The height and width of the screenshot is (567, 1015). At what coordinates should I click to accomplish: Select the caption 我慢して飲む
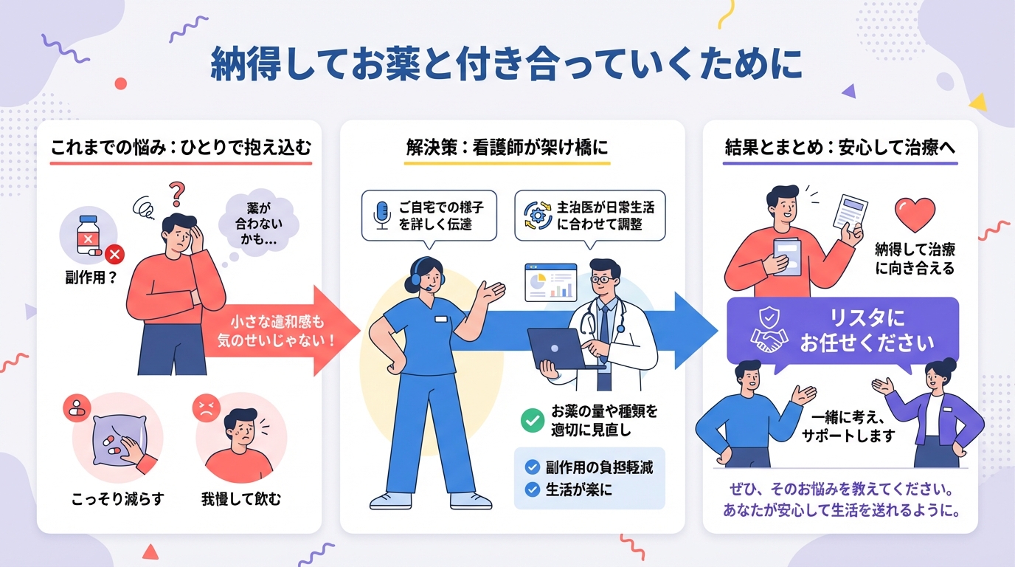click(x=241, y=499)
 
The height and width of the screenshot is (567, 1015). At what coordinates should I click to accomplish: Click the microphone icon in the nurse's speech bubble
click(x=381, y=214)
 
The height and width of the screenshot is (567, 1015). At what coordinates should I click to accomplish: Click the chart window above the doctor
click(x=550, y=282)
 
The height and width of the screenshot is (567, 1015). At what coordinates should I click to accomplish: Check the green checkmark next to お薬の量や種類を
click(x=531, y=420)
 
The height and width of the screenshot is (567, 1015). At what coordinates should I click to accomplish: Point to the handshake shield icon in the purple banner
click(x=769, y=330)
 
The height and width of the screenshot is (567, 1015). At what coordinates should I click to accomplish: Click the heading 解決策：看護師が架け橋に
click(x=507, y=147)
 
